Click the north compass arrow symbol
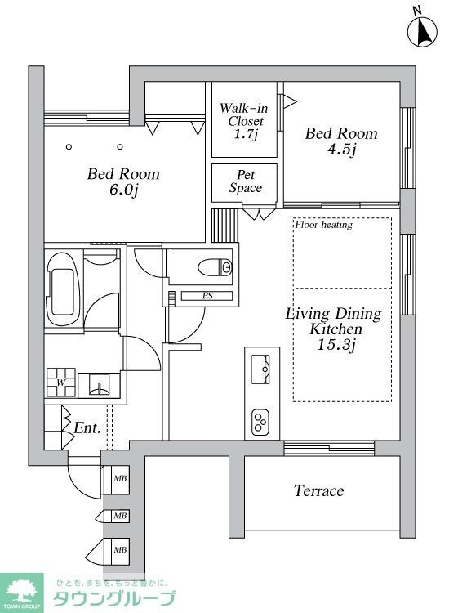point(422,29)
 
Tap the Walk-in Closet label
point(244,121)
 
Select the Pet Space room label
point(245,181)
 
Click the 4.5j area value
point(341,150)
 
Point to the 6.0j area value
point(124,190)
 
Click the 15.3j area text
point(336,345)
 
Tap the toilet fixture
point(215,267)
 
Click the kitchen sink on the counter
point(260,369)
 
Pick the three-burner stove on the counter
point(260,422)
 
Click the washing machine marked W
point(61,383)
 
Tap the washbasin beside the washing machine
point(99,385)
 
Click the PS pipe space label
point(207,296)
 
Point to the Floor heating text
point(323,225)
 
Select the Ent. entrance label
point(87,428)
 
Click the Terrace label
point(319,490)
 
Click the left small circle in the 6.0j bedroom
point(69,147)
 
